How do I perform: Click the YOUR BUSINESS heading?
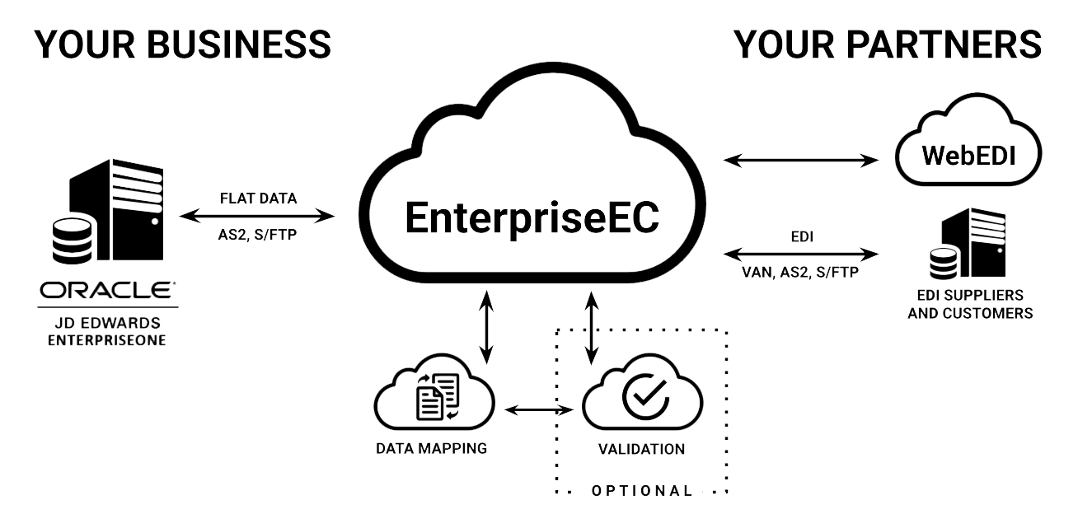click(182, 47)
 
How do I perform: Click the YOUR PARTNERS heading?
click(888, 47)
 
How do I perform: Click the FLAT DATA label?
click(258, 199)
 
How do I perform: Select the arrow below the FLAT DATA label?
click(257, 217)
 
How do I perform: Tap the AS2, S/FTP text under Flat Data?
click(258, 235)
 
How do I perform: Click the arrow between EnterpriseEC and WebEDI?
click(799, 160)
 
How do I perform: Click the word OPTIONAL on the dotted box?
click(640, 491)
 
